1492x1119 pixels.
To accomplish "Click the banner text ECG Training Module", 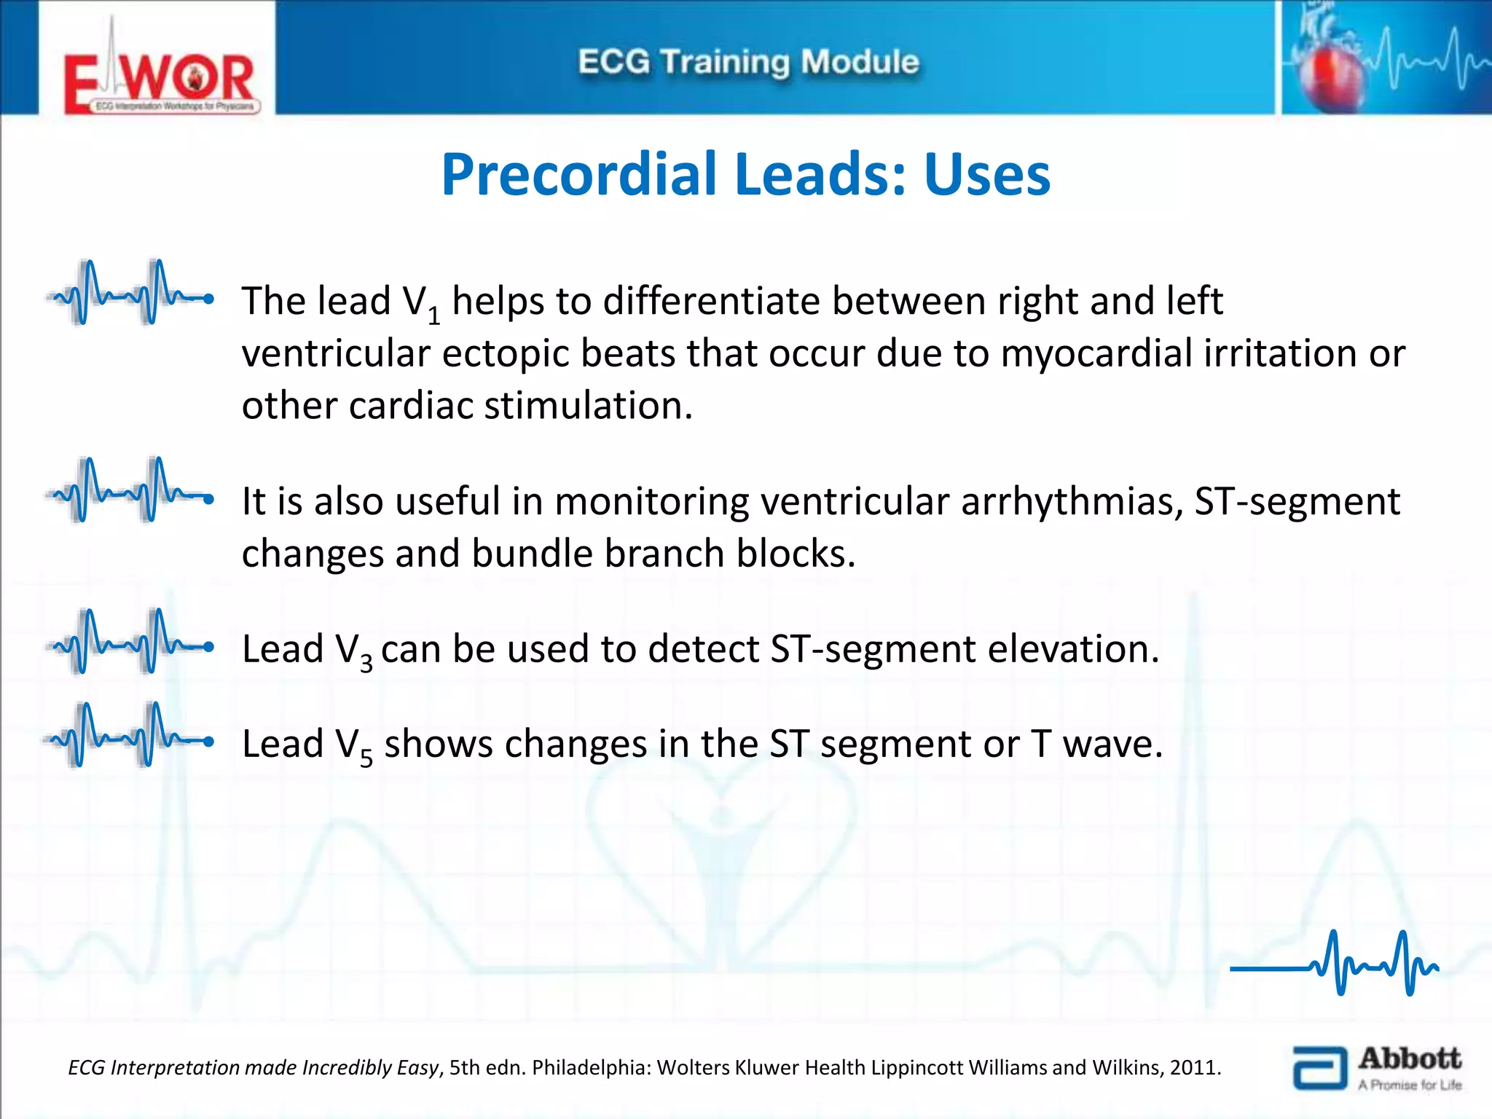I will pyautogui.click(x=748, y=62).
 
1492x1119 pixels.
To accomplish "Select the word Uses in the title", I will pyautogui.click(x=987, y=175).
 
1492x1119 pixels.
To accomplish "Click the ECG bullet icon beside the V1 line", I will pyautogui.click(x=130, y=293).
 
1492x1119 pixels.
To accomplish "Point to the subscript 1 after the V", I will pyautogui.click(x=434, y=316).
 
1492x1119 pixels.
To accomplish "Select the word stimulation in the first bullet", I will pyautogui.click(x=587, y=406).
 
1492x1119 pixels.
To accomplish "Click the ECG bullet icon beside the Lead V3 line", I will pyautogui.click(x=130, y=642).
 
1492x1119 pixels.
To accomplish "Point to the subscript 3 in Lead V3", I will pyautogui.click(x=366, y=663).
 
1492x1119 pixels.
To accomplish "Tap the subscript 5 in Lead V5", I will pyautogui.click(x=366, y=758).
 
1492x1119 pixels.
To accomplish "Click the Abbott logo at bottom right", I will pyautogui.click(x=1377, y=1068).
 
